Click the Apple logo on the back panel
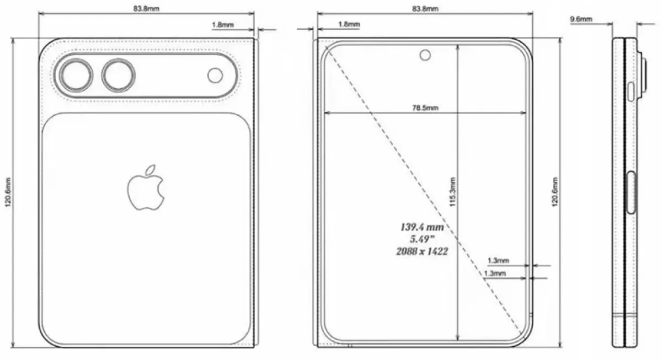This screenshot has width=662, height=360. point(146,187)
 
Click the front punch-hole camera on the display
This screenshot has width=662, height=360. point(425,55)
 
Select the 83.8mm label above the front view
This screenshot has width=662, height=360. point(425,8)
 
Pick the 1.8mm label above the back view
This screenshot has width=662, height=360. point(222,25)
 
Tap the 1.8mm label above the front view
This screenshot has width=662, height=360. point(349,25)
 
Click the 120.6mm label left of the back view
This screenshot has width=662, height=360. point(7,192)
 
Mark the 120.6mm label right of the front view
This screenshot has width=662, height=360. point(555,192)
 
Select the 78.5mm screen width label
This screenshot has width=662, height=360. point(426,108)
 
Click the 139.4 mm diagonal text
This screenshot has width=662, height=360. point(422,227)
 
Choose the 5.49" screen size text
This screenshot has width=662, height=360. point(422,239)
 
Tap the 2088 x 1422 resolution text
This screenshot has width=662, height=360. point(422,251)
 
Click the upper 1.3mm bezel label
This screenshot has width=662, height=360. point(498,260)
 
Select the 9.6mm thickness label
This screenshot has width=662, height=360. point(581,19)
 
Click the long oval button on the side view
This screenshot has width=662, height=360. point(632,192)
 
